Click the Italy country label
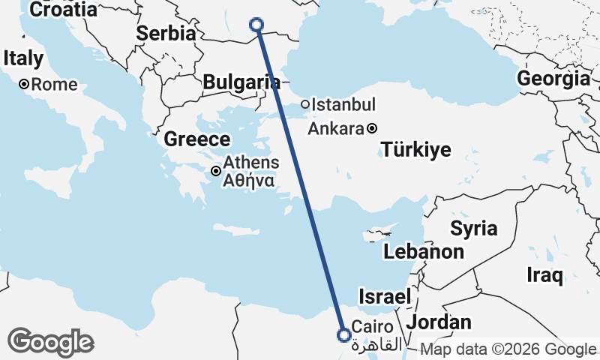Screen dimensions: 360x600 [x=22, y=58]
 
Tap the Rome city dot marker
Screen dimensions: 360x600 [x=24, y=85]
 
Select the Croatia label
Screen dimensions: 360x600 [x=64, y=10]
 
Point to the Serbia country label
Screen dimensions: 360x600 [x=166, y=34]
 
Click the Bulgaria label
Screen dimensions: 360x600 [x=236, y=82]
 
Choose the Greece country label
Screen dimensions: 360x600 [x=196, y=139]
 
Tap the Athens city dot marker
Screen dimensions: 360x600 [x=216, y=171]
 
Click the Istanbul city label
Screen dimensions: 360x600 [x=343, y=104]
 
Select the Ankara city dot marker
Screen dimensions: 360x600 [x=372, y=128]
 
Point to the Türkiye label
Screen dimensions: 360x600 [x=416, y=149]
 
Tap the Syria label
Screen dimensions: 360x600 [x=473, y=229]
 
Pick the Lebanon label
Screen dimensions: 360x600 [x=424, y=252]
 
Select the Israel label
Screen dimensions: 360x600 [x=385, y=296]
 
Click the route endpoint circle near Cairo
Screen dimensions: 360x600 [x=343, y=334]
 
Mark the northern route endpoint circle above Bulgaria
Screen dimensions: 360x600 [x=256, y=25]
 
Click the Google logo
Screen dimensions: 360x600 [x=51, y=342]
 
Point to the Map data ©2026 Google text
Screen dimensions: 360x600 [x=508, y=349]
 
